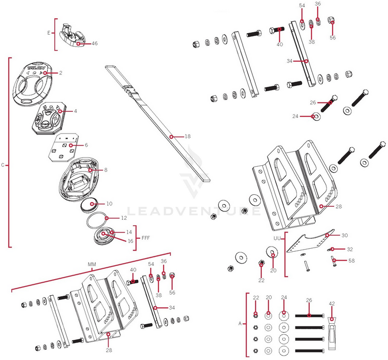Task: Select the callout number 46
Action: (95, 44)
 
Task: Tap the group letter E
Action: (49, 33)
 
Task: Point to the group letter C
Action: (3, 165)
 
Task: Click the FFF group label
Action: (146, 238)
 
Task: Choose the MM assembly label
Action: (92, 264)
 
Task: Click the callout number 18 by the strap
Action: (188, 136)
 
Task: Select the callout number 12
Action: (124, 218)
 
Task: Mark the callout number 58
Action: (351, 261)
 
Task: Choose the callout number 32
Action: (350, 249)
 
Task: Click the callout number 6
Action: (86, 145)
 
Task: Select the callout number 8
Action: (106, 169)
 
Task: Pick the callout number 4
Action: (76, 111)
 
